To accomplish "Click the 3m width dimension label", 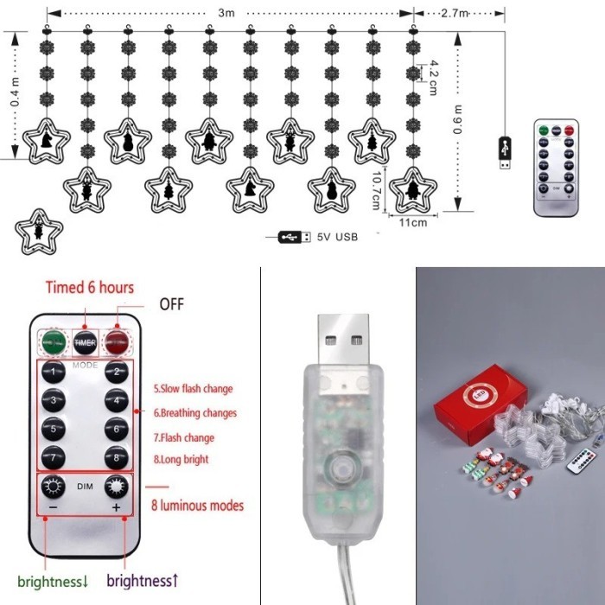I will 226,13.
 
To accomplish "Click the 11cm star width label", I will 413,222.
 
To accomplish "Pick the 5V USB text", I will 337,236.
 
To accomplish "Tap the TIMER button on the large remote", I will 85,342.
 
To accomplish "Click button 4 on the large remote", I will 115,401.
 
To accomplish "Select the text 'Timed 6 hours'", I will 90,288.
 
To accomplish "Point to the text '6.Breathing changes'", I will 195,413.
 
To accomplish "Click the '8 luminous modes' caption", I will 197,505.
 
